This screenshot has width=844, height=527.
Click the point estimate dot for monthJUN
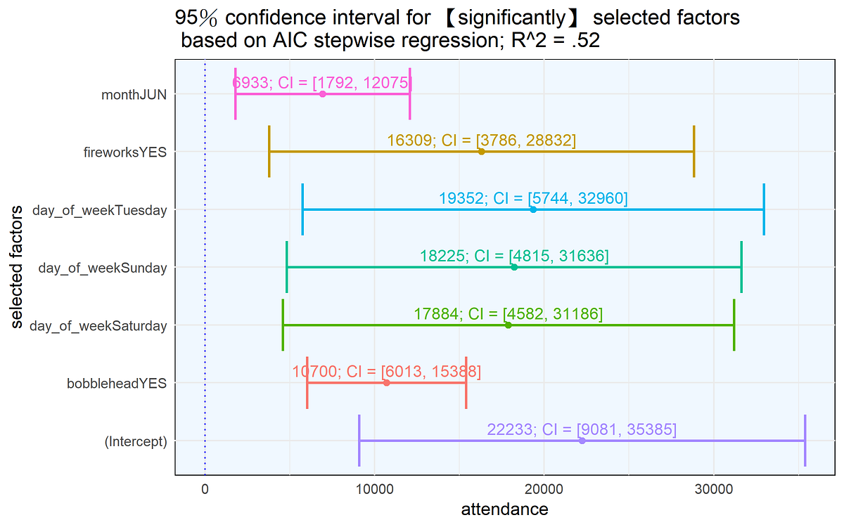[322, 94]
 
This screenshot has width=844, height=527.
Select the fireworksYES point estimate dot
[481, 152]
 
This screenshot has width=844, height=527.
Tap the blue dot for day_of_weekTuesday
[533, 209]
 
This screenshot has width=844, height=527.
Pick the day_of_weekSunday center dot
[514, 267]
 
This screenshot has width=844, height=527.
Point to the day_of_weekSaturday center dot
[508, 325]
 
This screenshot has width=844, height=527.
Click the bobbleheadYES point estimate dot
[386, 383]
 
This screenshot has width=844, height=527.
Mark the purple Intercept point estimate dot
[582, 441]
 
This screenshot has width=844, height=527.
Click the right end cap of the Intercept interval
[805, 441]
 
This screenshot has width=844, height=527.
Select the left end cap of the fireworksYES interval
[269, 152]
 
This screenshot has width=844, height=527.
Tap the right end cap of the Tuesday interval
[764, 209]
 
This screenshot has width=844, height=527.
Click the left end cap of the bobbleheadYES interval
[307, 383]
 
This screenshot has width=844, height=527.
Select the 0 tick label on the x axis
[205, 489]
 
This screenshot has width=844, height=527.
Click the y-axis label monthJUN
[134, 94]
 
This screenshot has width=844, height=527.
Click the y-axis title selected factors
[18, 267]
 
